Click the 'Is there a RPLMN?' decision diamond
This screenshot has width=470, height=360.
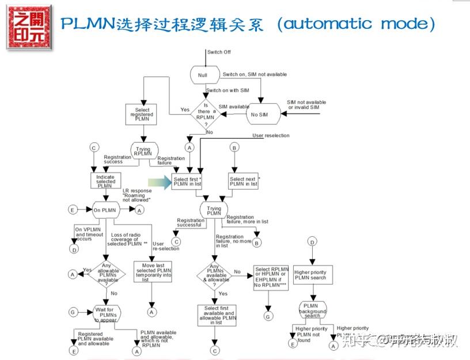tap(206, 111)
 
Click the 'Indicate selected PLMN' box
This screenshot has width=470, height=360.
tap(105, 181)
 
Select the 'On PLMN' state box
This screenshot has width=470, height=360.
tap(105, 210)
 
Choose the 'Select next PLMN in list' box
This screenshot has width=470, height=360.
tap(243, 181)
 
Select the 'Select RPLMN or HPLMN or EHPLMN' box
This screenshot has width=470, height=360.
tap(271, 277)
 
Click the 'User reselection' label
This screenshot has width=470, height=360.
tap(271, 135)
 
